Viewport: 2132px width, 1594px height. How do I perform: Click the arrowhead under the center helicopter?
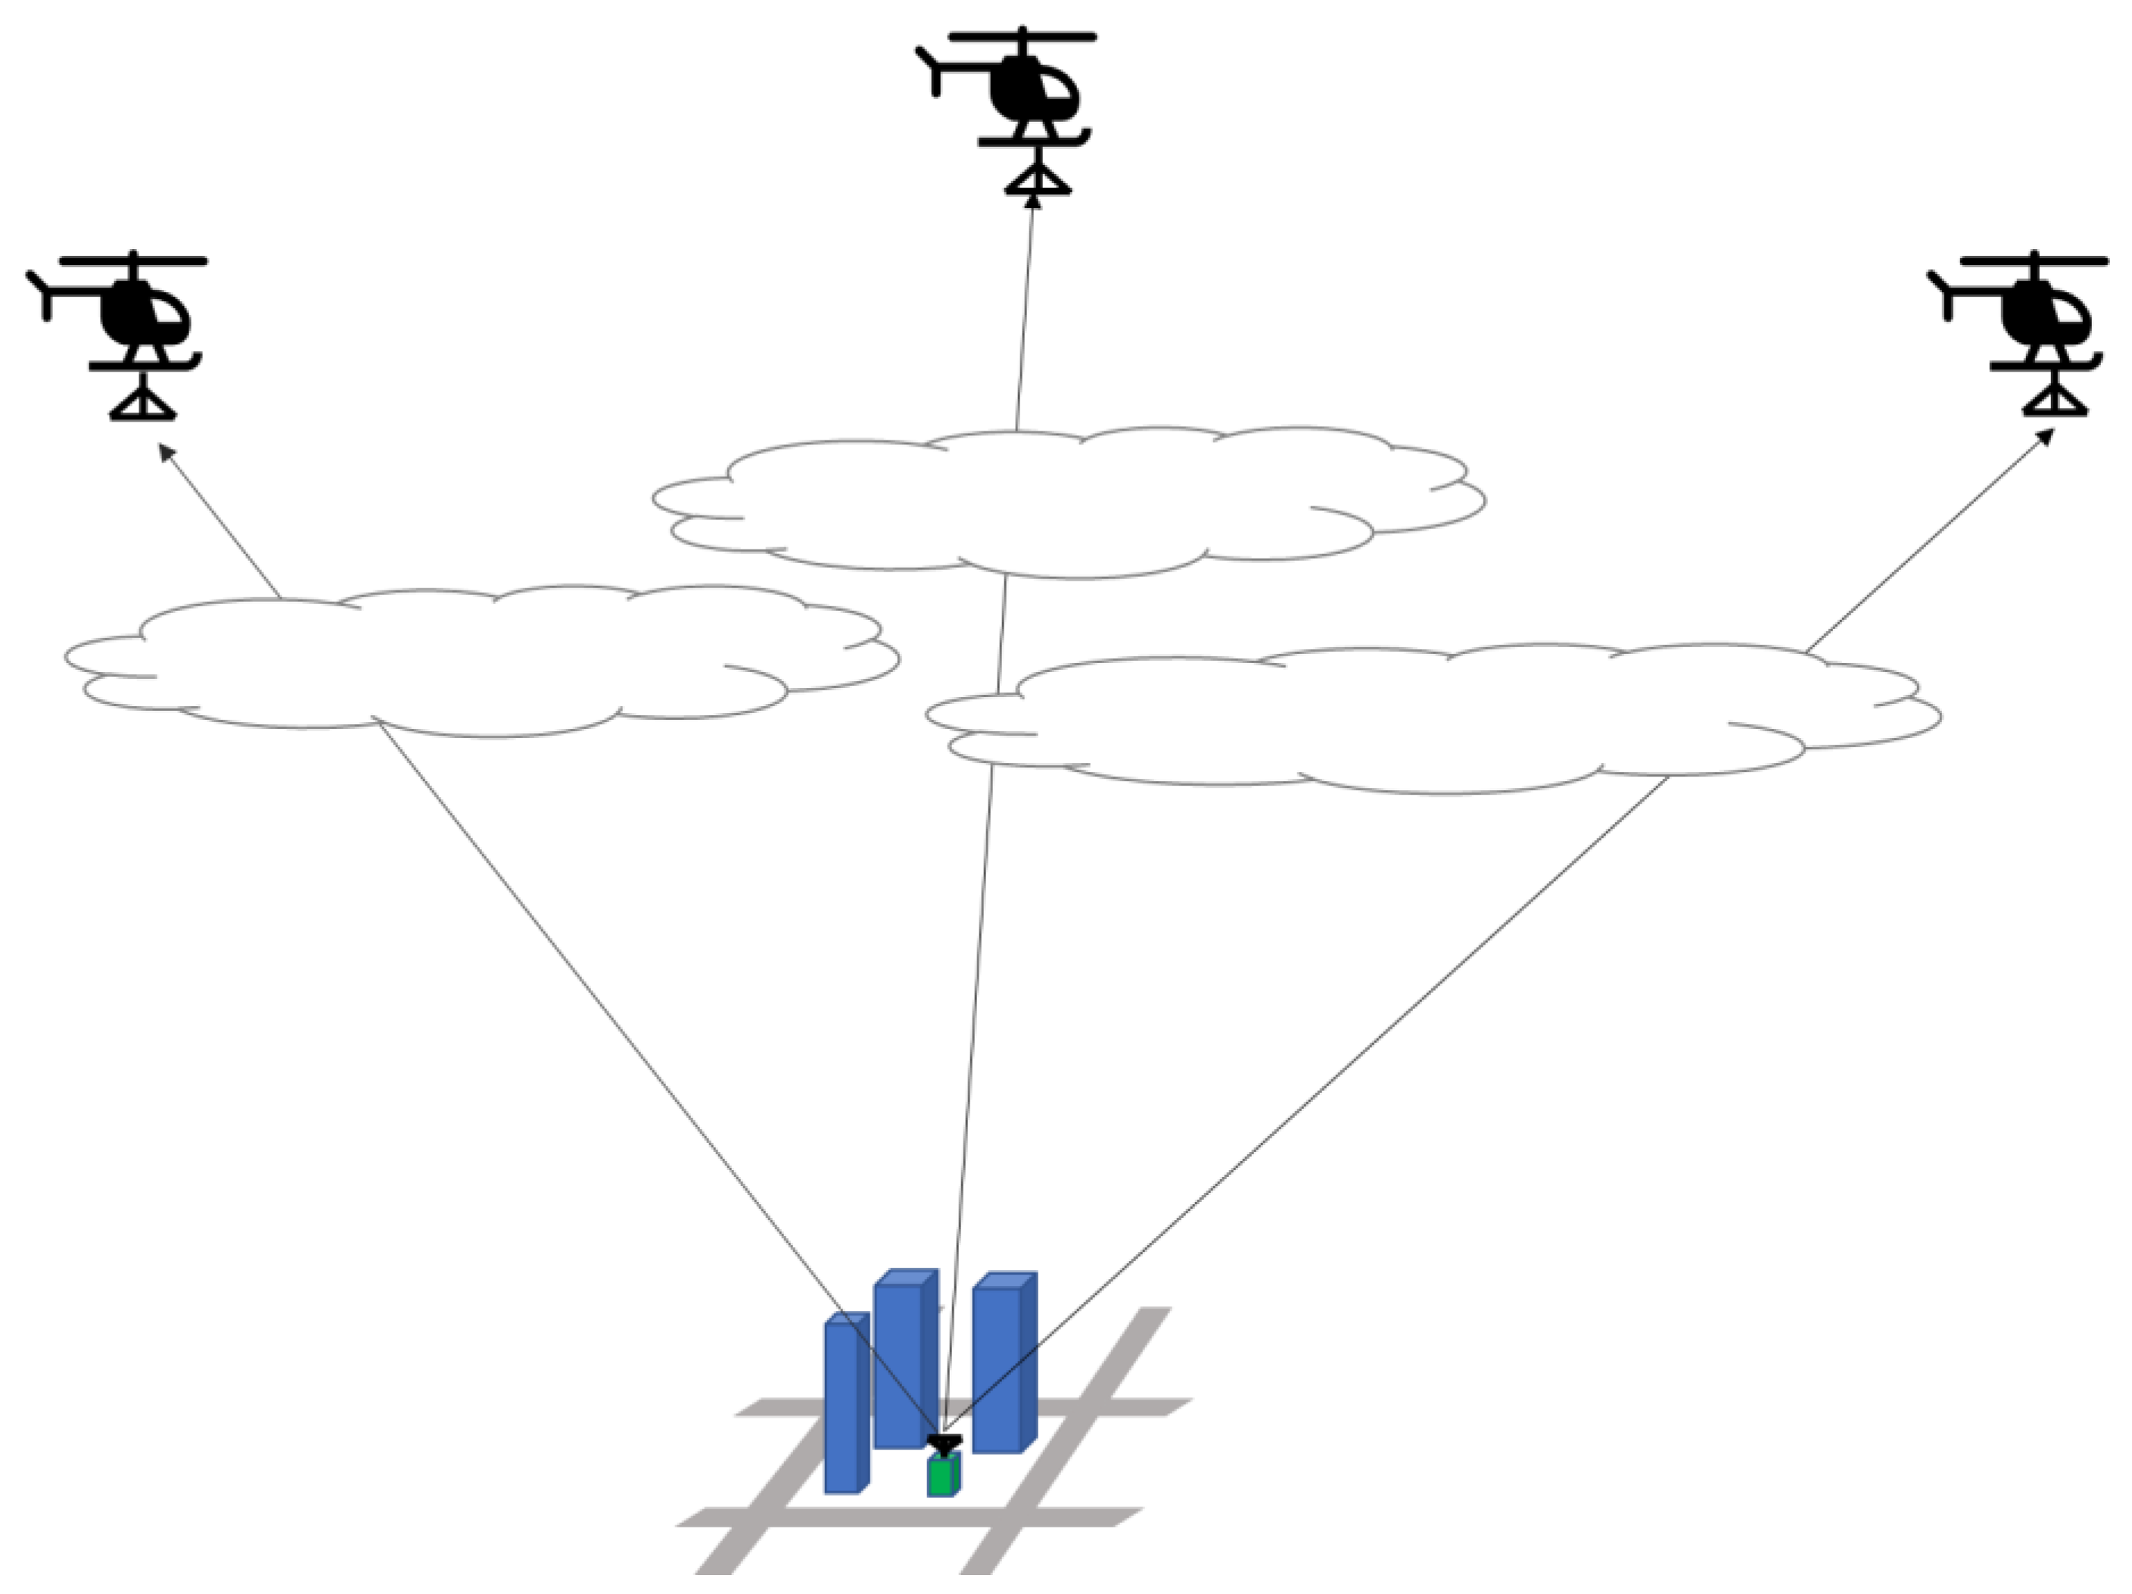click(x=1033, y=200)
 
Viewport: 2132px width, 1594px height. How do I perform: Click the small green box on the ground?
click(x=942, y=1475)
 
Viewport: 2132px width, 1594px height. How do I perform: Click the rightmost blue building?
click(x=1002, y=1365)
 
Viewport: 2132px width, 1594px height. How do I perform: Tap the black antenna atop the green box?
click(x=944, y=1443)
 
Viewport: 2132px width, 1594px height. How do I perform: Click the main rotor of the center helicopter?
click(x=1022, y=36)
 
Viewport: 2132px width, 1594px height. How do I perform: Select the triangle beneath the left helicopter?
click(x=142, y=405)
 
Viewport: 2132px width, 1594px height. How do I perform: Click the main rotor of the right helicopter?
click(x=2034, y=260)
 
